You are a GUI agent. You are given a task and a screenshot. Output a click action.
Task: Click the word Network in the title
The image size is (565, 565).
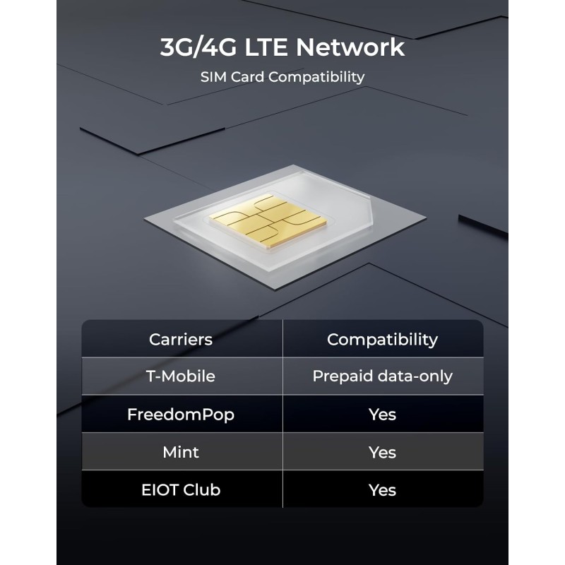(x=350, y=47)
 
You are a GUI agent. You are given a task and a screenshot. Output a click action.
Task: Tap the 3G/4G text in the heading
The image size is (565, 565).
(x=198, y=47)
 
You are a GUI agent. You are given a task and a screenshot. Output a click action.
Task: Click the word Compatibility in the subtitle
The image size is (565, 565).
(x=316, y=77)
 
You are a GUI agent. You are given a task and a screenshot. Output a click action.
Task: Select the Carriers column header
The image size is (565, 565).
(x=181, y=340)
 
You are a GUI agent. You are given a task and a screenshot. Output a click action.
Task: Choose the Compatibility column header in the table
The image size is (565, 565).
(x=382, y=340)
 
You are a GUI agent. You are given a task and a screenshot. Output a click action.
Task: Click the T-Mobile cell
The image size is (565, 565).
(x=181, y=376)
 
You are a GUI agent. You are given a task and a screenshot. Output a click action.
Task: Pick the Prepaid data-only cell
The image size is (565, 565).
(x=382, y=376)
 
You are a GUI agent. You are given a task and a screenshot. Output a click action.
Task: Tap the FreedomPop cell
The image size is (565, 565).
(x=181, y=415)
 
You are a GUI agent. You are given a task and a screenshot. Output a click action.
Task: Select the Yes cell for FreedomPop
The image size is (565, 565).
(x=382, y=415)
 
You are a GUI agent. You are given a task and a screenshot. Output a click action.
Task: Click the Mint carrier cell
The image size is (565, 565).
(x=181, y=453)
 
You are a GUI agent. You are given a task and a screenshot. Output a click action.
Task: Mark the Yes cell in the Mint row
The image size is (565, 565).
(x=382, y=453)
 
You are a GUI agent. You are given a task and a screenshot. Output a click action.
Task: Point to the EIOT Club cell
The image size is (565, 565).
(x=181, y=490)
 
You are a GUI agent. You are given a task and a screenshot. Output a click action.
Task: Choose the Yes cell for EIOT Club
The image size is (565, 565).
(x=382, y=490)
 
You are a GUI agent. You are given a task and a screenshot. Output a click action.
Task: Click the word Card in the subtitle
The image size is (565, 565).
(x=247, y=77)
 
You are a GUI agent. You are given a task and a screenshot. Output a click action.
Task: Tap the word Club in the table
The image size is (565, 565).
(x=202, y=490)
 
